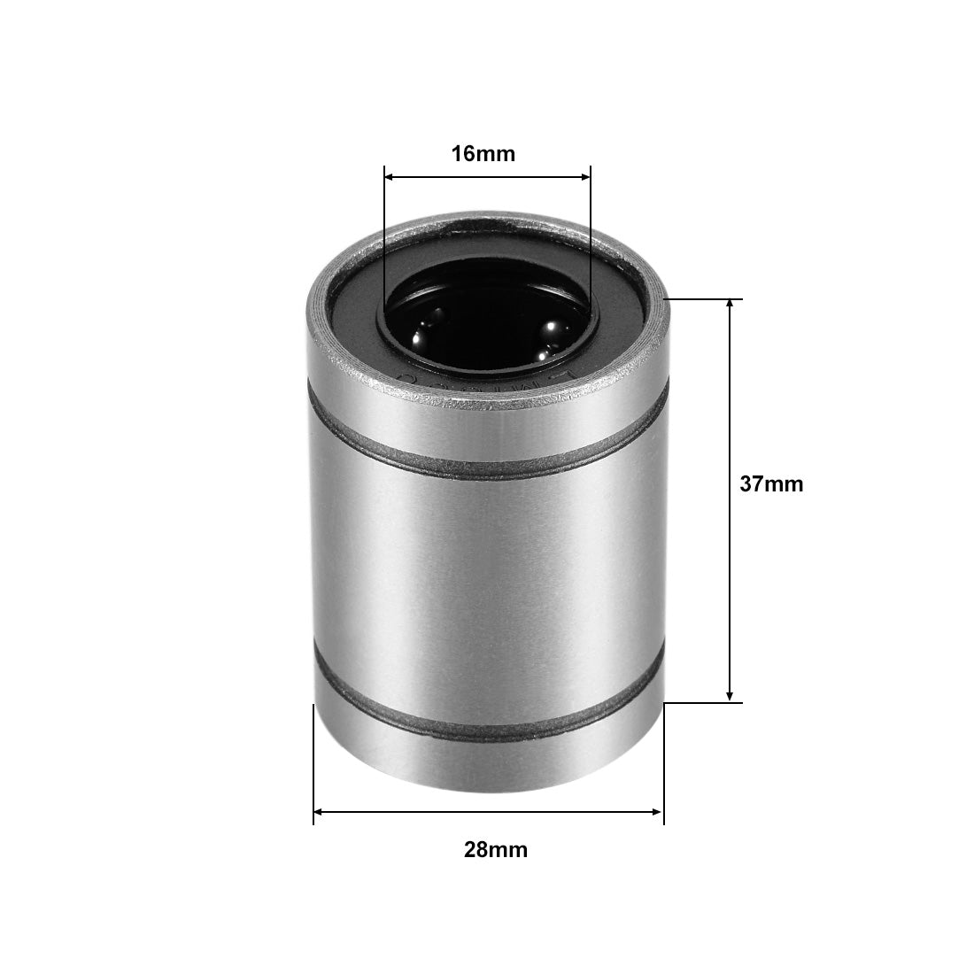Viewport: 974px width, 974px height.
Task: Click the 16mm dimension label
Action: [x=483, y=154]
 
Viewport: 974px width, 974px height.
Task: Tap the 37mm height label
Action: [x=771, y=484]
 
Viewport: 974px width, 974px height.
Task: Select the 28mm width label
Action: [x=495, y=850]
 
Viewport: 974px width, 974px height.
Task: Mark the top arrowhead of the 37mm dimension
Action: [x=730, y=305]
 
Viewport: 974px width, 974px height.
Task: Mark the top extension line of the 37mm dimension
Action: [x=704, y=299]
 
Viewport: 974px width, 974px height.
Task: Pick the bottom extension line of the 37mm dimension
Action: [x=704, y=703]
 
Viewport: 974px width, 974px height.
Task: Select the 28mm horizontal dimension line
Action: [x=488, y=811]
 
